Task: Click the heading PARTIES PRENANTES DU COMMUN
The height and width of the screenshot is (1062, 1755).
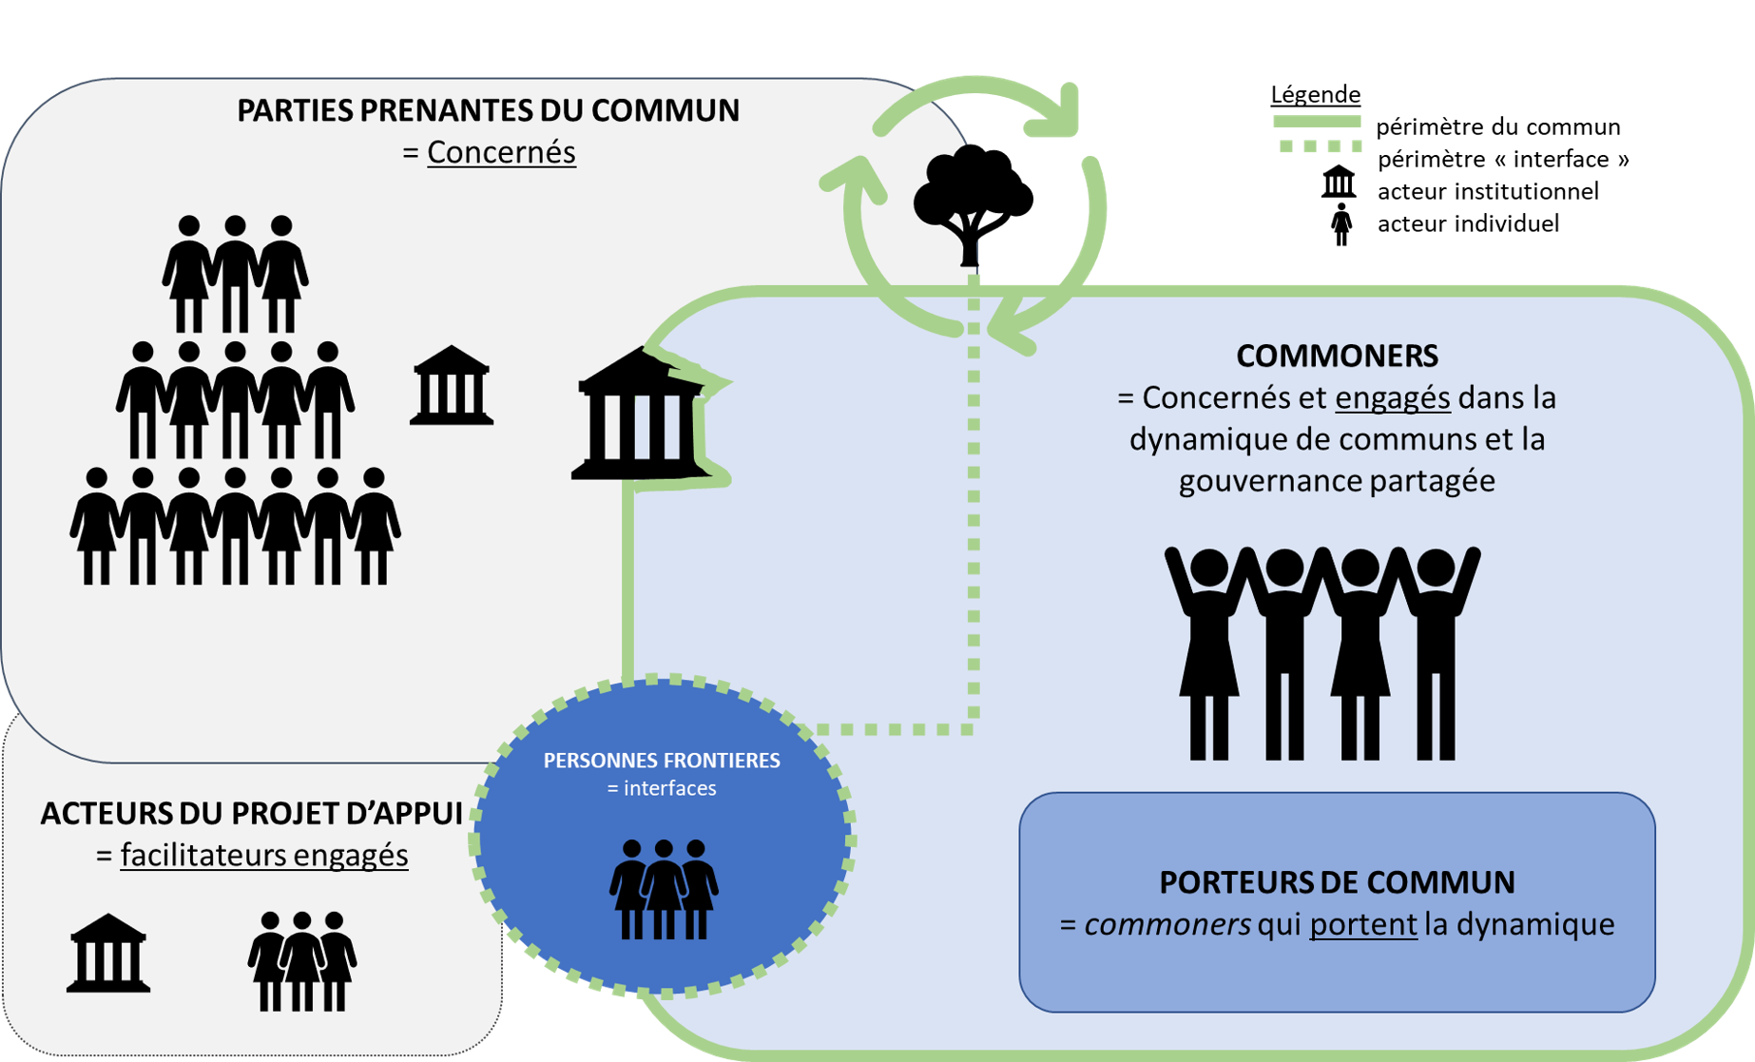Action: (488, 110)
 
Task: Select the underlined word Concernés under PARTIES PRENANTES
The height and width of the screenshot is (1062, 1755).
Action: (501, 152)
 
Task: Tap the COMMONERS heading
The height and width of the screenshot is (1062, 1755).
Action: (1337, 356)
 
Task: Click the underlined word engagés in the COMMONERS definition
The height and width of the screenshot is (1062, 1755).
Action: (1392, 397)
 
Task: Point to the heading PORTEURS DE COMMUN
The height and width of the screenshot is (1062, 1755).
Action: (1337, 882)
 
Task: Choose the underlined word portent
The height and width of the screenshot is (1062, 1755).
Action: (1362, 924)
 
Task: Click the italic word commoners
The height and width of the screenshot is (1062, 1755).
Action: (1167, 924)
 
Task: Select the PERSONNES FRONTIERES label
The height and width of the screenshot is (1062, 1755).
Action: (662, 761)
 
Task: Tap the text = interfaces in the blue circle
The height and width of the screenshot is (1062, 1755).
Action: (662, 788)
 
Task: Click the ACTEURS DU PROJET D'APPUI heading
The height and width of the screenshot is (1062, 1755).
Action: (251, 814)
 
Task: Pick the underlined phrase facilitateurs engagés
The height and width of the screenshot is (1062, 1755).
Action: (264, 856)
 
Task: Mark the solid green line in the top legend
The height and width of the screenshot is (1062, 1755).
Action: (1317, 121)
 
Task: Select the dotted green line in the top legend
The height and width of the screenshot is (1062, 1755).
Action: (1321, 146)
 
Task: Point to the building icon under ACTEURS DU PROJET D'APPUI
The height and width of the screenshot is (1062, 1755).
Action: (108, 954)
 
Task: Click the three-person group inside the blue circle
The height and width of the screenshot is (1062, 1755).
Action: (664, 890)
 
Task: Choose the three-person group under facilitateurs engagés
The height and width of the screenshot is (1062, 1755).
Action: (302, 961)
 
